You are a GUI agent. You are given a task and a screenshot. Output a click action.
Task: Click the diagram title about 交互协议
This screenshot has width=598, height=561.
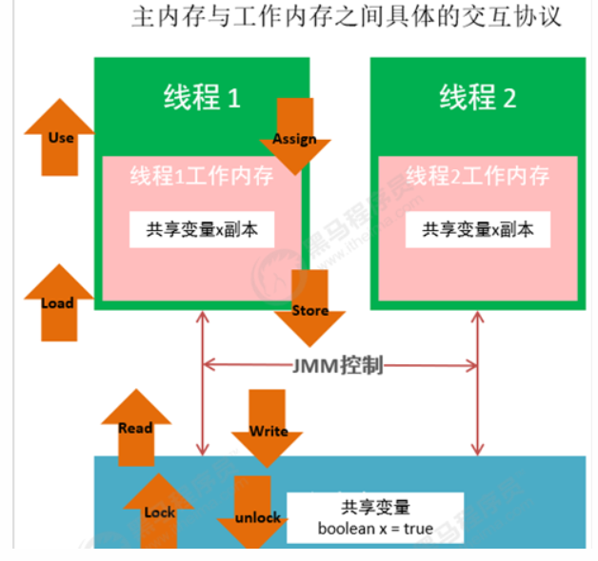coord(346,18)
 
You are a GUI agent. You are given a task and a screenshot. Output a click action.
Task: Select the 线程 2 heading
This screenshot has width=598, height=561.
coord(477,97)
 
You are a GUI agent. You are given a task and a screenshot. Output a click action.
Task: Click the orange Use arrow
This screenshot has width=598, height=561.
coord(60,139)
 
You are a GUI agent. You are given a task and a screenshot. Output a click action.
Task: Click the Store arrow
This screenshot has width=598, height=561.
coord(309,308)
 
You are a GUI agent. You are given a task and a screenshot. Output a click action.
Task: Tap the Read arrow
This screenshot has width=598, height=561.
coord(136,427)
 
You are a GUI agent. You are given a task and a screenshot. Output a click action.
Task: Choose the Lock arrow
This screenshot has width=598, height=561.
coord(159,511)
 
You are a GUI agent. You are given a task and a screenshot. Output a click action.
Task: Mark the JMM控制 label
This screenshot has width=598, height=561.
coord(339,364)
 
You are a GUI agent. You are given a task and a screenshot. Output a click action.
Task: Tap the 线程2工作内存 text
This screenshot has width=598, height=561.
coord(477,176)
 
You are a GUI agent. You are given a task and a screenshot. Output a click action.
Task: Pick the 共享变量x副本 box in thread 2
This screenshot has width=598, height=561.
coord(478,229)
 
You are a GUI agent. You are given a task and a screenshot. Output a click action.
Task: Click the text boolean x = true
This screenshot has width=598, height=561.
coord(375,528)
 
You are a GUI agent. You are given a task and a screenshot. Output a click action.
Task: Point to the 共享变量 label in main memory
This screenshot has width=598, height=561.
coord(375,507)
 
